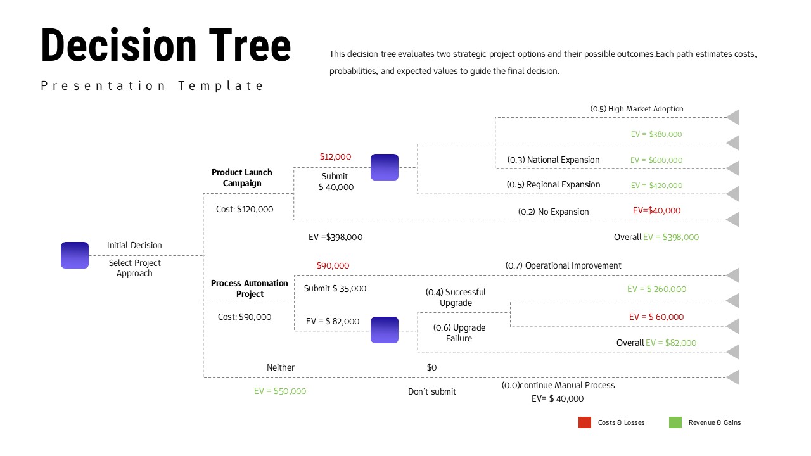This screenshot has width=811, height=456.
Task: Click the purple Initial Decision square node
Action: pos(75,255)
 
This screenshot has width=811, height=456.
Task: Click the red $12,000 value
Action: pos(335,156)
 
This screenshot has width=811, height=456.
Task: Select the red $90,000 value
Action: pos(333,265)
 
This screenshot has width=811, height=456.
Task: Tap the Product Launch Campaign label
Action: pos(242,178)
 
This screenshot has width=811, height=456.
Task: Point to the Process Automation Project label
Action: pos(250,289)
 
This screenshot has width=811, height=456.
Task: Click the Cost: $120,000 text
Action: pos(245,209)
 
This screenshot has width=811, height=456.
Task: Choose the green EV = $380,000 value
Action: pos(656,134)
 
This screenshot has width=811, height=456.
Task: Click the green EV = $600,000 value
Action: pos(656,160)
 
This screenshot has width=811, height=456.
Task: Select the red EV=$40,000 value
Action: pos(656,210)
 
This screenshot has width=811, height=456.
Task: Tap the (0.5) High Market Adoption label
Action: pos(637,109)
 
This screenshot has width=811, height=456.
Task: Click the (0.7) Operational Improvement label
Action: pos(563,265)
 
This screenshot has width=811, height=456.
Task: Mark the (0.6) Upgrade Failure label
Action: pos(459,333)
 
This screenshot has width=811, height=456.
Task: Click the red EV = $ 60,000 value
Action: pos(656,317)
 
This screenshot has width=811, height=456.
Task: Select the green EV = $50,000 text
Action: pos(280,391)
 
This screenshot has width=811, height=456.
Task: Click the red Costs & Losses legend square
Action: pos(585,422)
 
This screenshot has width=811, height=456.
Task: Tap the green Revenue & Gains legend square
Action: pos(675,422)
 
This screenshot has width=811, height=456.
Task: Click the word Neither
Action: pos(281,367)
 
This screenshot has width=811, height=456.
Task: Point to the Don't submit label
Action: pos(432,391)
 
